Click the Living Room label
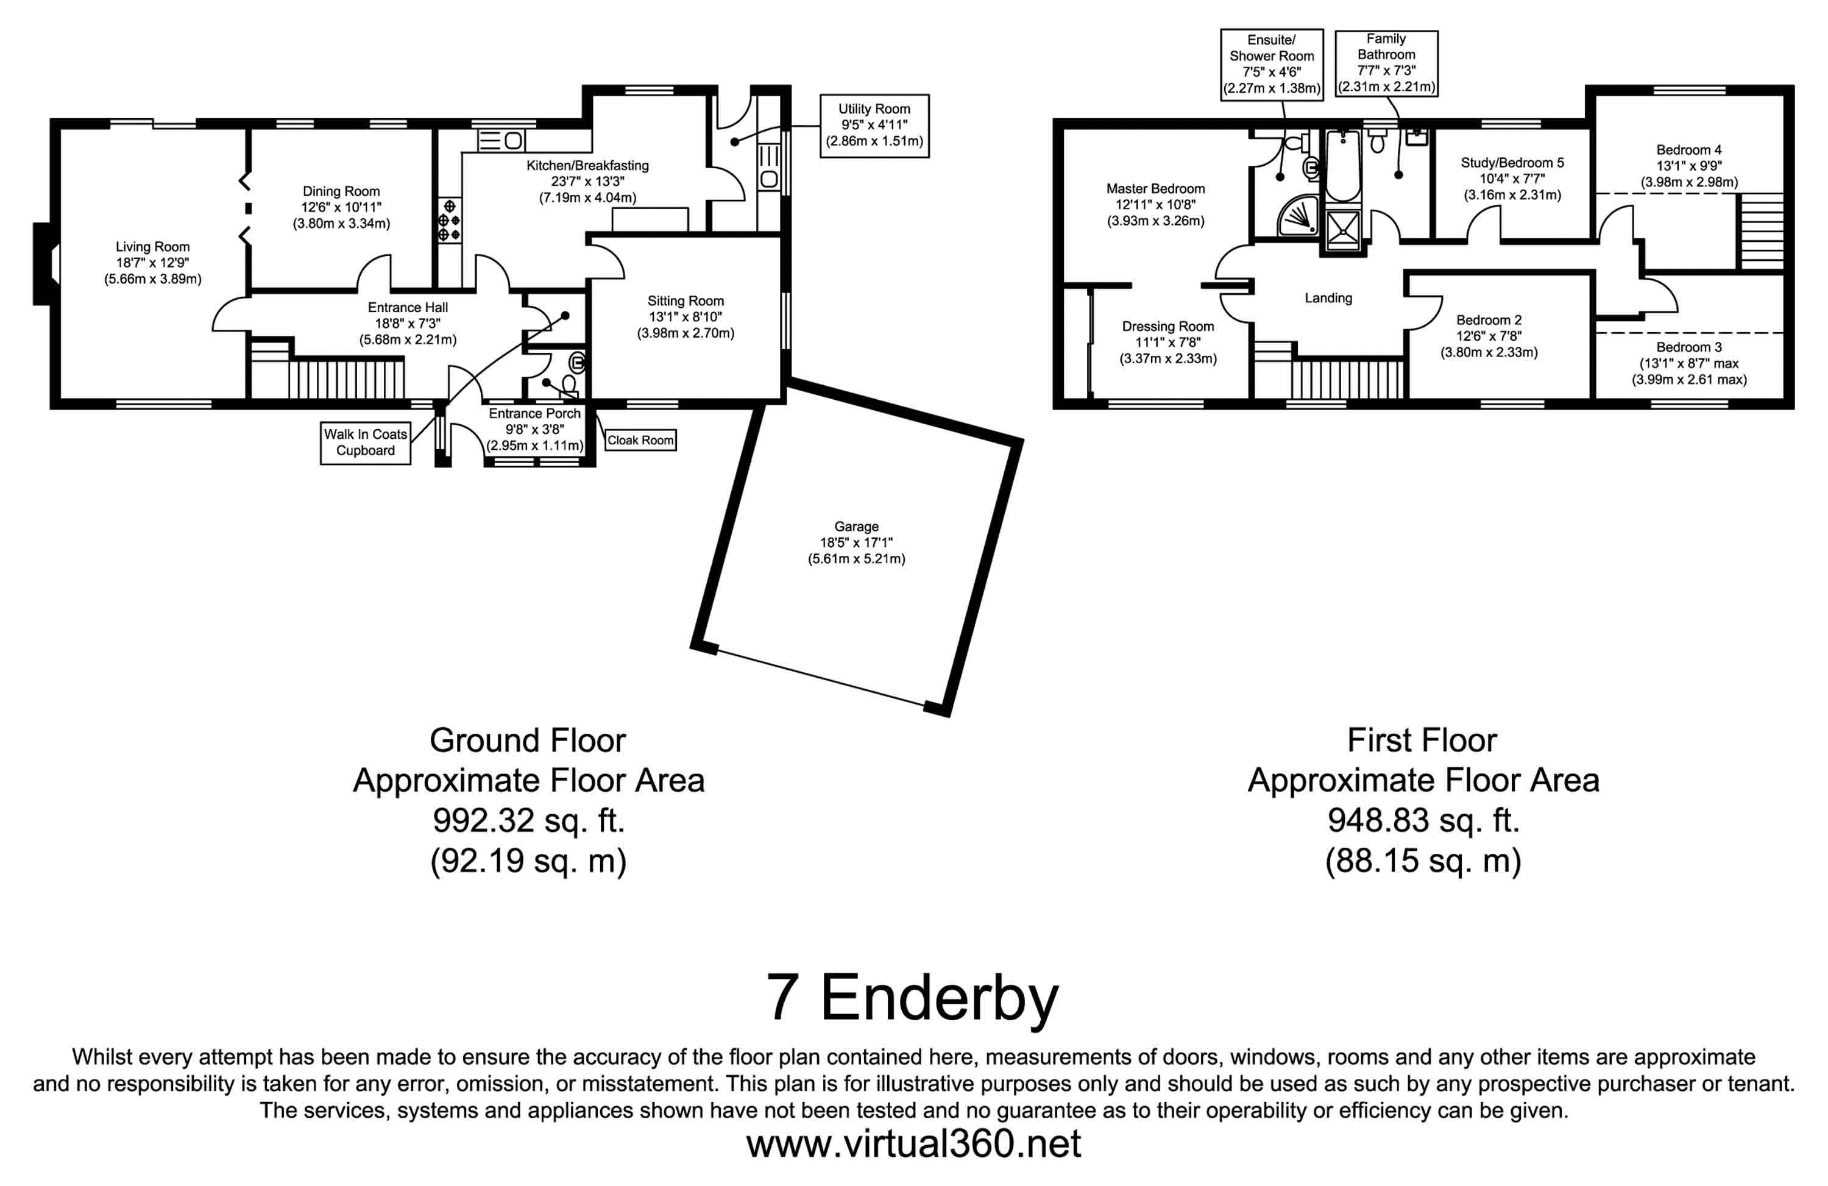coord(152,247)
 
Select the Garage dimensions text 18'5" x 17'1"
coord(856,542)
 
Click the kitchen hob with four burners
coord(449,221)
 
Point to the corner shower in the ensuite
coord(1297,215)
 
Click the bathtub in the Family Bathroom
coord(1342,165)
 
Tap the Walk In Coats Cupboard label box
coord(366,442)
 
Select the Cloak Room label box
coord(640,440)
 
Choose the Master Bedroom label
coord(1155,189)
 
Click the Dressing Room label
coord(1167,327)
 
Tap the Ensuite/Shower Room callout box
coord(1272,65)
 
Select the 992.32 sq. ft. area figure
coord(528,820)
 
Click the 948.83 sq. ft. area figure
coord(1423,820)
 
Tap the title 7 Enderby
coord(912,998)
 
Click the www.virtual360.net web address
coord(913,1143)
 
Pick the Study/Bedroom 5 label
coord(1512,163)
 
